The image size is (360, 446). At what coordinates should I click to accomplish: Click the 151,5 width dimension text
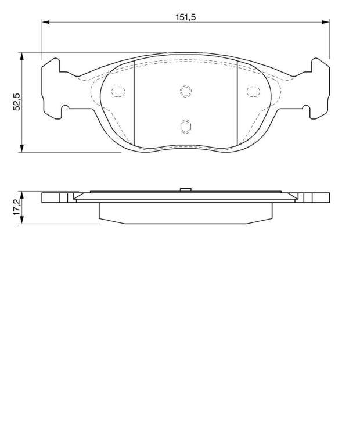pyautogui.click(x=185, y=17)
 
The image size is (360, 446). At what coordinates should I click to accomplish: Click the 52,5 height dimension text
pyautogui.click(x=17, y=102)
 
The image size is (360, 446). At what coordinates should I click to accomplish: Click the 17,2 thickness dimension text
pyautogui.click(x=17, y=207)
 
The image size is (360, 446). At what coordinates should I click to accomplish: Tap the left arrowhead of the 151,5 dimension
pyautogui.click(x=46, y=22)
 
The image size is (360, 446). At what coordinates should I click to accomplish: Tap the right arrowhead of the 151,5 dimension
pyautogui.click(x=326, y=22)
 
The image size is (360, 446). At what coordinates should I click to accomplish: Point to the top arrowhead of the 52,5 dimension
pyautogui.click(x=22, y=56)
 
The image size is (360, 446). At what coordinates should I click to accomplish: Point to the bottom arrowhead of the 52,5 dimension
pyautogui.click(x=22, y=148)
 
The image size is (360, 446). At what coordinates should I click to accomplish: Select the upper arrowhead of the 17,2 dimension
pyautogui.click(x=22, y=195)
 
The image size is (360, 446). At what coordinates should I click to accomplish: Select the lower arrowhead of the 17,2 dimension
pyautogui.click(x=22, y=220)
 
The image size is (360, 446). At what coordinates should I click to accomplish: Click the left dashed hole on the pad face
pyautogui.click(x=118, y=91)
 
